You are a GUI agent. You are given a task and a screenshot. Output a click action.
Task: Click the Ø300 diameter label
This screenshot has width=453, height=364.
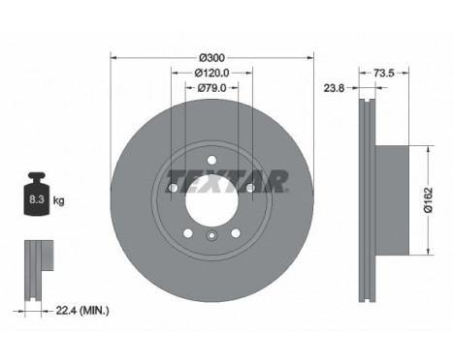tap(211, 58)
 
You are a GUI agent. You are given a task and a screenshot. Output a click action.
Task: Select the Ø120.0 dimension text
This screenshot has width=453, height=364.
tap(211, 74)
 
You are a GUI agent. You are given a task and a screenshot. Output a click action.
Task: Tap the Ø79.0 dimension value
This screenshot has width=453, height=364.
tap(211, 88)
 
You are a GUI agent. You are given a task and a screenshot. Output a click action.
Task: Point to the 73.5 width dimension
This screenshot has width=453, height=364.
tap(384, 74)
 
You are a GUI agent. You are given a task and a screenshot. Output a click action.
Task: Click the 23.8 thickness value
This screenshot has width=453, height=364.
tap(335, 88)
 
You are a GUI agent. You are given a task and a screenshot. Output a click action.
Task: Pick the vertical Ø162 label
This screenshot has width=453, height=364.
tap(428, 200)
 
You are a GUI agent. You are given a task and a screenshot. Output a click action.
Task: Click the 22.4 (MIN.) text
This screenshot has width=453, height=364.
tap(82, 311)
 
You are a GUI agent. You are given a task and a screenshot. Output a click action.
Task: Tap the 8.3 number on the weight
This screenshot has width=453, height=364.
tap(37, 199)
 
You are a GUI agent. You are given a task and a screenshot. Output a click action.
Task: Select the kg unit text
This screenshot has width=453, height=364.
tap(59, 200)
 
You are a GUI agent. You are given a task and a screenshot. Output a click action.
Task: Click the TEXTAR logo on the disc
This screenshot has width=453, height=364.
tap(227, 181)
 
